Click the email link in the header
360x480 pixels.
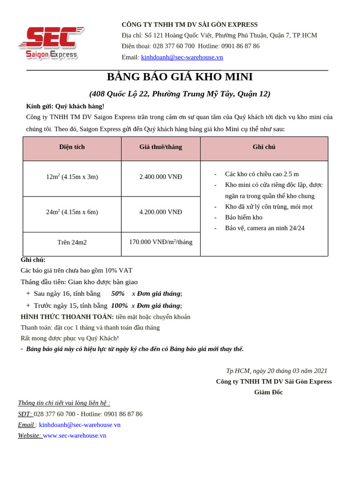coord(182,57)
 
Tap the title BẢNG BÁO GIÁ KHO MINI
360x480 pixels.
coord(180,77)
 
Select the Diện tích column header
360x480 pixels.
coord(72,147)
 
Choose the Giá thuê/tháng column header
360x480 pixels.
coord(160,147)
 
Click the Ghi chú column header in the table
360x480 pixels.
coord(264,147)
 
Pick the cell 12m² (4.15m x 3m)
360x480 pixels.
coord(72,177)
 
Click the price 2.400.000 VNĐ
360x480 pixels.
coord(160,177)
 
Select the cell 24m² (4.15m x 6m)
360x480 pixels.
coord(72,212)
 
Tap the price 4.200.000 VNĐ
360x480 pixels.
coord(160,212)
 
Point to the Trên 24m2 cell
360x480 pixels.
coord(72,242)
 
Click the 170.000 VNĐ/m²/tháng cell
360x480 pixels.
coord(160,242)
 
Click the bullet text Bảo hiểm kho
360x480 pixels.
coord(243,217)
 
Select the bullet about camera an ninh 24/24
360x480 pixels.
coord(264,228)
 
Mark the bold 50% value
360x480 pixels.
coord(118,293)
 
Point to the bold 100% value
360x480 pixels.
coord(119,306)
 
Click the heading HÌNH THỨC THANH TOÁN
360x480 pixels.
coord(67,317)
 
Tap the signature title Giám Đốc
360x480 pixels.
coord(268,392)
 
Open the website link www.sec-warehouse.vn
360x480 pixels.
coord(75,435)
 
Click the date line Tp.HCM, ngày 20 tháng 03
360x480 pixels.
coord(277,371)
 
